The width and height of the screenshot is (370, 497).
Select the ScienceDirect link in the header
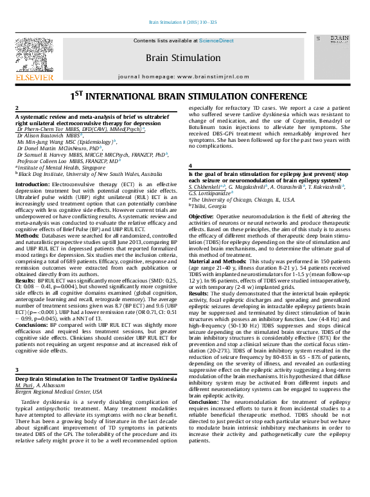[216, 41]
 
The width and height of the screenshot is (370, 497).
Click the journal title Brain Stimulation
[184, 58]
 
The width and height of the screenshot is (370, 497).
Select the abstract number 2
[17, 109]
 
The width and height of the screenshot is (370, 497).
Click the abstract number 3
[17, 371]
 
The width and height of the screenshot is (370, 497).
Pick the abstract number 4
[191, 166]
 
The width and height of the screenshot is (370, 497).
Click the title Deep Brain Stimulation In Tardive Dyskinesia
[95, 379]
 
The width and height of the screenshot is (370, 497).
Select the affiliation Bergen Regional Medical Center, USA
[58, 391]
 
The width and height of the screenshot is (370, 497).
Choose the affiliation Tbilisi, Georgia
[209, 206]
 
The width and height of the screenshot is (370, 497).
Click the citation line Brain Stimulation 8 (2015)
[183, 22]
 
